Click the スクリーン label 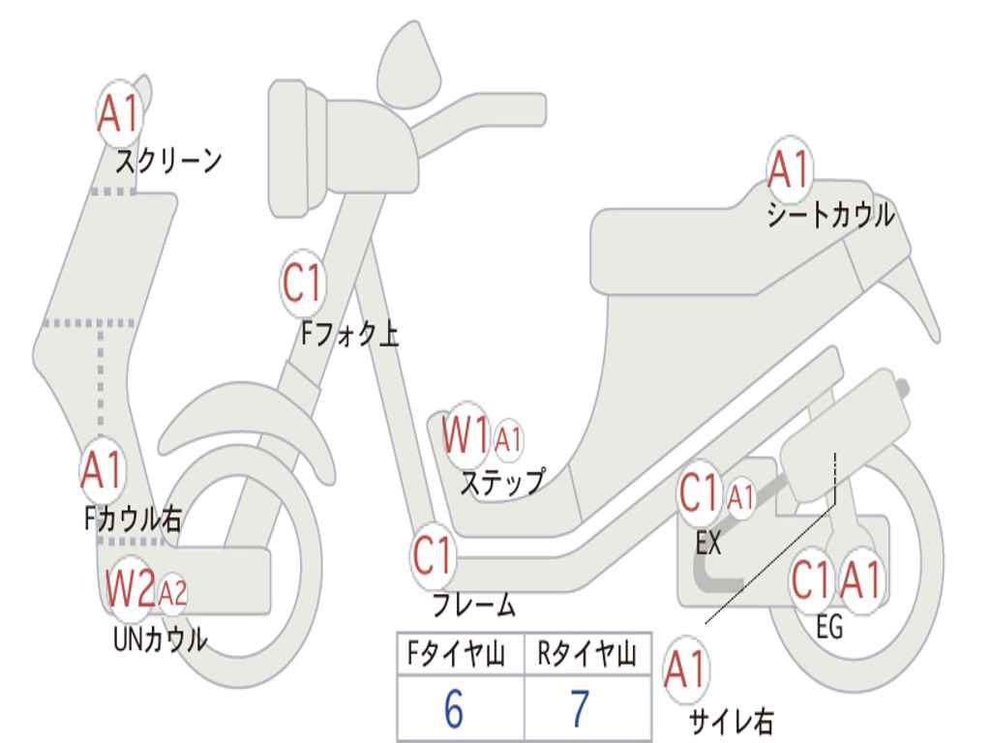[x=168, y=160]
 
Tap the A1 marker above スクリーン [x=121, y=114]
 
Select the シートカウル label [x=830, y=215]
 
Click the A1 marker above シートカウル [x=789, y=171]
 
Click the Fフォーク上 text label [x=349, y=334]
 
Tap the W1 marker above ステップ [x=466, y=436]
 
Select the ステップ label [x=501, y=481]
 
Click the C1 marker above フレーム [x=434, y=556]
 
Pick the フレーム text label [x=473, y=606]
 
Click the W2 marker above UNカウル [x=131, y=587]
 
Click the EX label [x=708, y=543]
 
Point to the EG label [x=829, y=627]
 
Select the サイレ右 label [x=731, y=720]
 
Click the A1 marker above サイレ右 [x=686, y=670]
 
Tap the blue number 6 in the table [x=453, y=710]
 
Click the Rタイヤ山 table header [x=586, y=655]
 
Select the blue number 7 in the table [x=579, y=710]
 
